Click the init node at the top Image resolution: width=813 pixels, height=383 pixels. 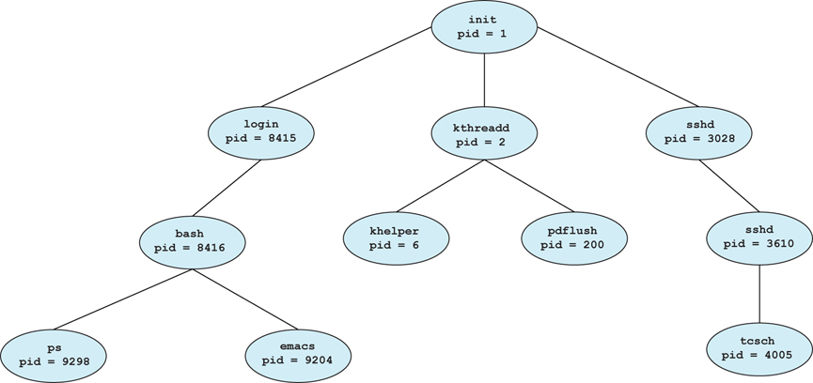(484, 26)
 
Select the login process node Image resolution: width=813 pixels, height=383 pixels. (260, 131)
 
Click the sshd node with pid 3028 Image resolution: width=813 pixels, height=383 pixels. (699, 131)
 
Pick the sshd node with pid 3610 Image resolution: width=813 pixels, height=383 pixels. (759, 237)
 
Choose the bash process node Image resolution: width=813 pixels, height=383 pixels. (194, 241)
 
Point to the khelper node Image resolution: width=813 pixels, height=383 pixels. (396, 237)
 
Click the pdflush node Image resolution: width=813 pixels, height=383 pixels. (573, 237)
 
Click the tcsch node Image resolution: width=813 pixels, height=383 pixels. (759, 348)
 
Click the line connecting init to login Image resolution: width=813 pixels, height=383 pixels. (346, 68)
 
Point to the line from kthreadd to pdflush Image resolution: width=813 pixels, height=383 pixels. (528, 185)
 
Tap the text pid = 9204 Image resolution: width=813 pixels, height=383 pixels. (298, 360)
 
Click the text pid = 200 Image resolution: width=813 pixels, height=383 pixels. (573, 244)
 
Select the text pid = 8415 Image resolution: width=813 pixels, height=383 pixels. (260, 138)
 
